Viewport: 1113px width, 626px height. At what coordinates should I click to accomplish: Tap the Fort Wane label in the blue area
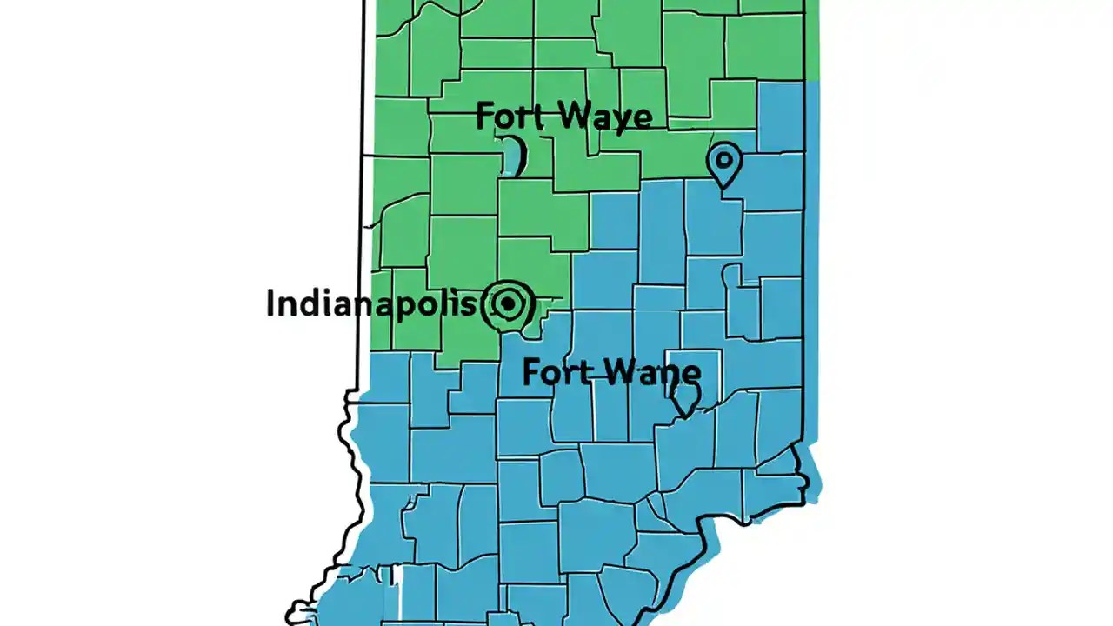click(610, 372)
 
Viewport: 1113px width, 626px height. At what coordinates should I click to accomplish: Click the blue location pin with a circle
click(723, 161)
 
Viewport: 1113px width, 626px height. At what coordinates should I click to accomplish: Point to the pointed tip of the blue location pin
click(723, 186)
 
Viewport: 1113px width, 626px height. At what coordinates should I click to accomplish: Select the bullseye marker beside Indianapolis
click(507, 303)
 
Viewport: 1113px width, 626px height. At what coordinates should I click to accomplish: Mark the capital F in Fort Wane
click(531, 372)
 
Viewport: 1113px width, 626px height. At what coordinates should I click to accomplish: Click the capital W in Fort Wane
click(606, 372)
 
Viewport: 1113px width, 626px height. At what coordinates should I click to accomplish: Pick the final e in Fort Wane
click(690, 374)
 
